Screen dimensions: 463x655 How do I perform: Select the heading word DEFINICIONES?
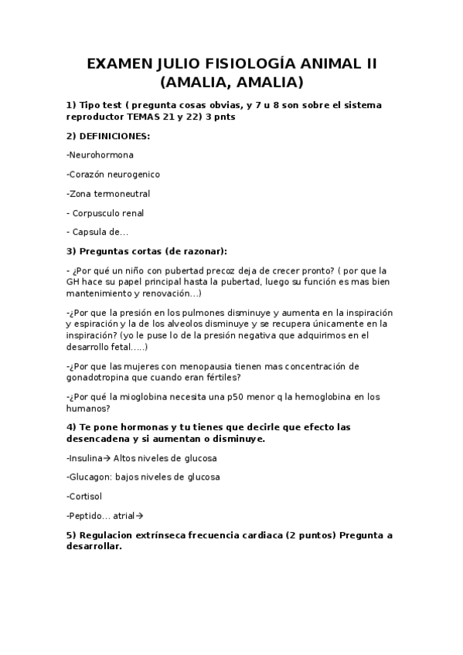coord(114,136)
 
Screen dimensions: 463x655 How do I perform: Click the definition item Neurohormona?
coord(101,155)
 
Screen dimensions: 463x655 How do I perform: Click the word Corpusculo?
coord(97,213)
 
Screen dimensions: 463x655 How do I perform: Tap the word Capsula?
coord(90,232)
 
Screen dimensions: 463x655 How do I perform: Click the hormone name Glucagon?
coord(90,477)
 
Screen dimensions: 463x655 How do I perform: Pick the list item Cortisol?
coord(86,497)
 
